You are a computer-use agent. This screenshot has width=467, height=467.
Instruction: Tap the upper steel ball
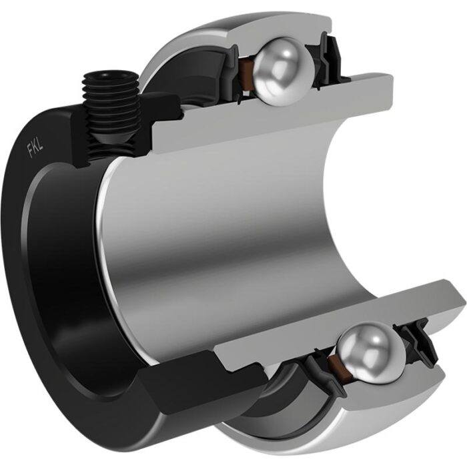[x=284, y=71]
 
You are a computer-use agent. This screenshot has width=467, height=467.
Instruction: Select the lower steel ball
[x=372, y=353]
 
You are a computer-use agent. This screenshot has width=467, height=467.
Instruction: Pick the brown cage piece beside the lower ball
[x=336, y=362]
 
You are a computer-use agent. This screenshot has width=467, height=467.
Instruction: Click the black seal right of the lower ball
[x=417, y=342]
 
